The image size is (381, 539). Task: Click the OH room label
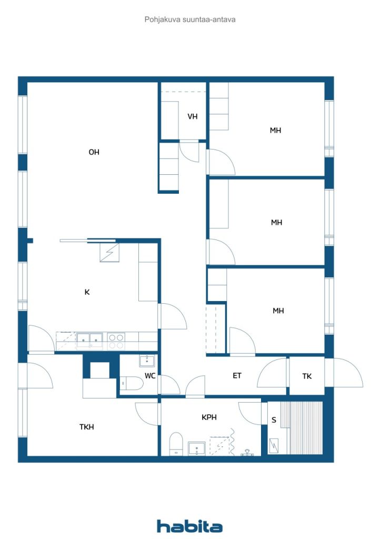[x=94, y=152]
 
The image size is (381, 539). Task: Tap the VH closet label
[x=193, y=116]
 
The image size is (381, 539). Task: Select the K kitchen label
[x=87, y=292]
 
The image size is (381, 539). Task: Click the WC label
[x=149, y=376]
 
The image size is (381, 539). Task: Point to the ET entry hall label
[x=237, y=375]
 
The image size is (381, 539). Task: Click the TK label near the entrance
[x=307, y=376]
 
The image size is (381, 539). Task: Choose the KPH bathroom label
[x=209, y=417]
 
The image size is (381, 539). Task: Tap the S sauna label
[x=274, y=420]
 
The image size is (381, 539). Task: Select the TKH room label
[x=86, y=427]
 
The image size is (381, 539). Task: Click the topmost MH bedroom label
[x=275, y=130]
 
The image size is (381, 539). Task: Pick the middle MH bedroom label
[x=276, y=223]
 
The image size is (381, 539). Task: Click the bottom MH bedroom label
[x=278, y=311]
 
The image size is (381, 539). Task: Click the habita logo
[x=189, y=526]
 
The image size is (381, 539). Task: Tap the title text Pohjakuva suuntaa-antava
[x=190, y=19]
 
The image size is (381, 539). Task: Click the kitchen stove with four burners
[x=116, y=341]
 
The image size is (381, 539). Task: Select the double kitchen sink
[x=89, y=340]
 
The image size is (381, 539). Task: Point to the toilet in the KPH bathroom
[x=176, y=443]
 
